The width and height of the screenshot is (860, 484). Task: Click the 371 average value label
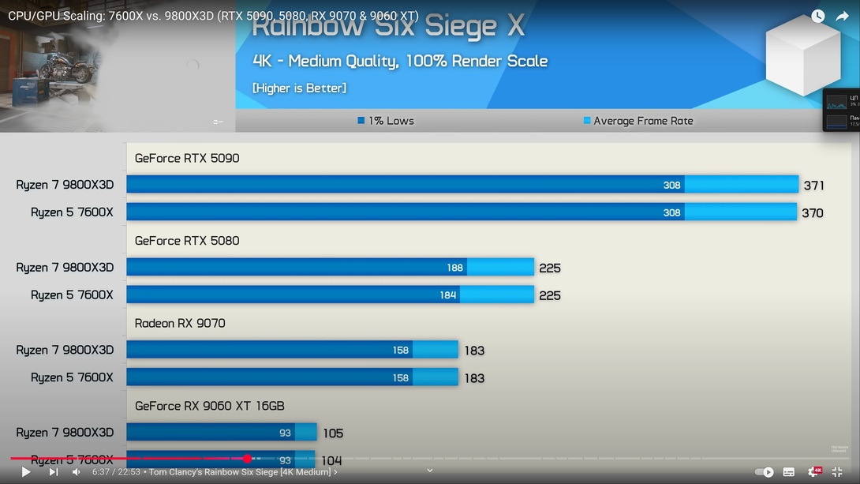(814, 186)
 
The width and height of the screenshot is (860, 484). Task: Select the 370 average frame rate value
(813, 212)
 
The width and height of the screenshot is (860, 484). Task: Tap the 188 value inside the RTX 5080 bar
(454, 268)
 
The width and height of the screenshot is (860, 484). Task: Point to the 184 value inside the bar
(448, 295)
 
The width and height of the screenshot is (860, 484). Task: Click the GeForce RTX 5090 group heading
(187, 158)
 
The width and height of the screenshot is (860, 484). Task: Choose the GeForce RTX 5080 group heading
(187, 241)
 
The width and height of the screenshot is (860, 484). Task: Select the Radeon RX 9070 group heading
(180, 323)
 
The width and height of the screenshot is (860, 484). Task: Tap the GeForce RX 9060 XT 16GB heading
(209, 406)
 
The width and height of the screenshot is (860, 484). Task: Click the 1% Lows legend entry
(386, 121)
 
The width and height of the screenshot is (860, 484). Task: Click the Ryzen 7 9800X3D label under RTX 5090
(65, 185)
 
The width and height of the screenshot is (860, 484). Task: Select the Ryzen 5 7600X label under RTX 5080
(72, 295)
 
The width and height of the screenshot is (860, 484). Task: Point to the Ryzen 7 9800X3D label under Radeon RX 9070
(65, 350)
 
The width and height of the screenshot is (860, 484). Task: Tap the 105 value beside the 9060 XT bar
(333, 433)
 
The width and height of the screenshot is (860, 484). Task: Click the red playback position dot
(248, 459)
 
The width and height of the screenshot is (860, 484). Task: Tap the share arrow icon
(842, 16)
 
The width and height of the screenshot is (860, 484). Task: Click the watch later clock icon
(818, 16)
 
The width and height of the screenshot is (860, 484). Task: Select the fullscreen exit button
(837, 472)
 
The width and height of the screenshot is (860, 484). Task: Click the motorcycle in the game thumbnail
(66, 66)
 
